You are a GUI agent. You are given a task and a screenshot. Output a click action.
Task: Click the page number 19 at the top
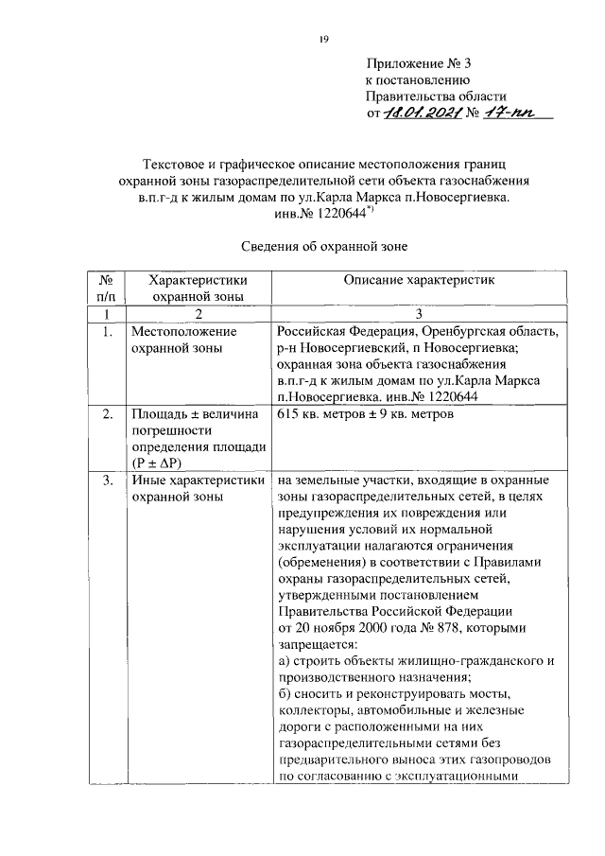click(322, 38)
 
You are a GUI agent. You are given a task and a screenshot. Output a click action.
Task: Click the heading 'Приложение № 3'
click(418, 64)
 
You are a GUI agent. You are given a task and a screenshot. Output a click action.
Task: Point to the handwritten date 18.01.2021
click(422, 114)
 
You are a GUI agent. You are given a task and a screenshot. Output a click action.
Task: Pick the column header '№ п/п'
click(106, 288)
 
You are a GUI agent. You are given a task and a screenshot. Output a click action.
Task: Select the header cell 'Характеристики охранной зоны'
click(192, 288)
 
